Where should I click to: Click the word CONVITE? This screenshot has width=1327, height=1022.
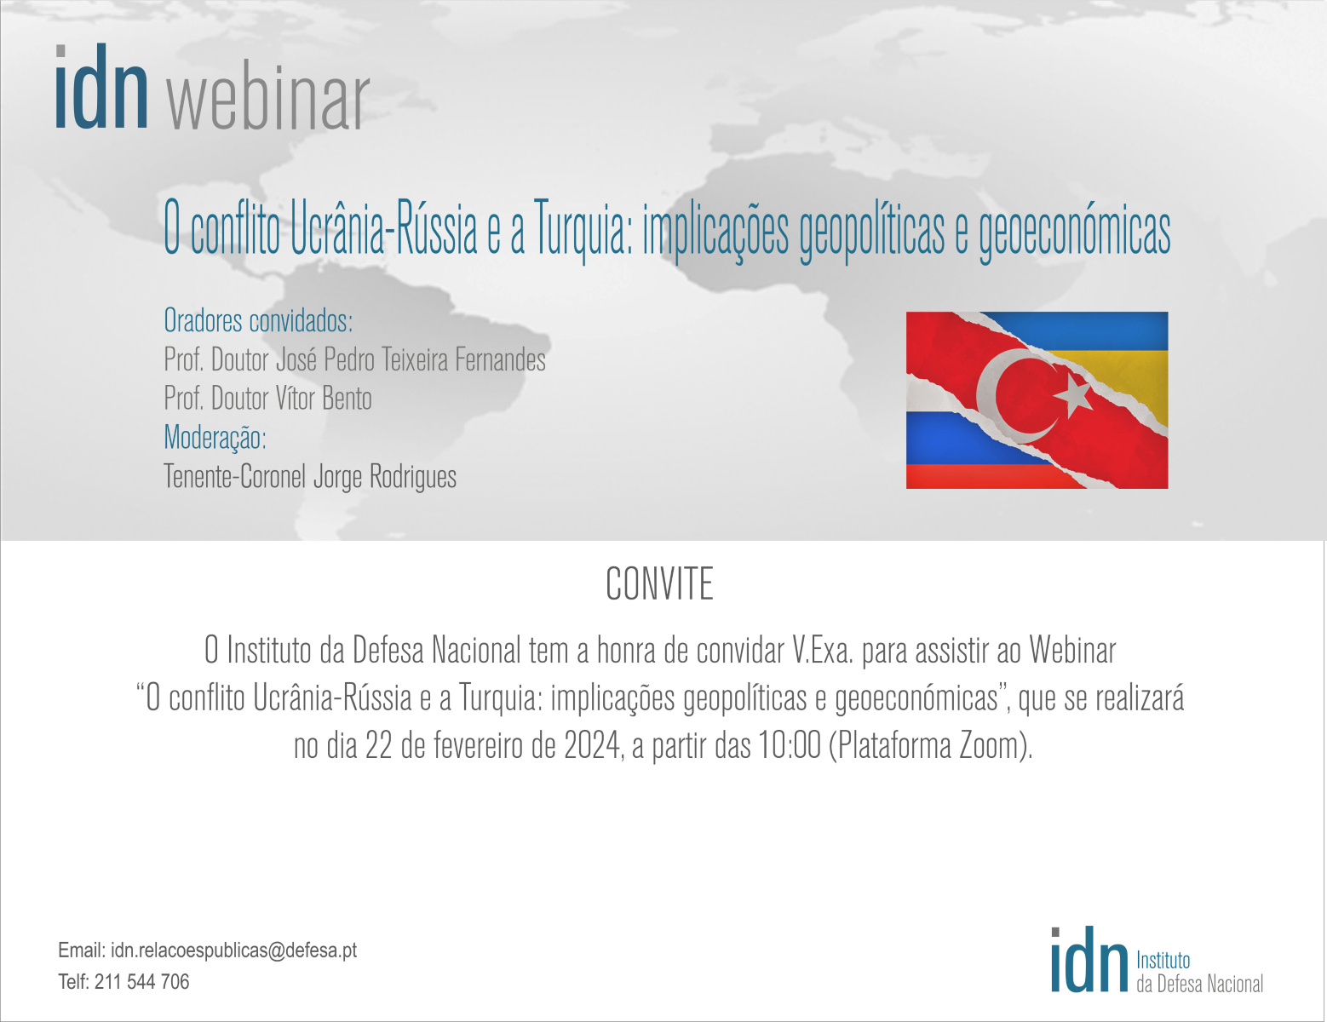659,584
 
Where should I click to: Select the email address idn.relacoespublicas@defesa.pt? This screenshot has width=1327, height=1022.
234,950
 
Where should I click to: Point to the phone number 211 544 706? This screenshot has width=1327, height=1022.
141,982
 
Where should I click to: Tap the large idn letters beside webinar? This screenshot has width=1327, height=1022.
101,86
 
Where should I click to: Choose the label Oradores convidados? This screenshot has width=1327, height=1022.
258,320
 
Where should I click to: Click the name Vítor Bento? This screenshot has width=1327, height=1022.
323,399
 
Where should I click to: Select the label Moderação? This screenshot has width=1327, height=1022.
215,438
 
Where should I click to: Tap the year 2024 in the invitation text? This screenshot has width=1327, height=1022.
592,746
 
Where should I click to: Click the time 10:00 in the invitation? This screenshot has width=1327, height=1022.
790,745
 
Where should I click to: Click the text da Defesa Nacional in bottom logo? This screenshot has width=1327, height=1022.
1199,985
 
